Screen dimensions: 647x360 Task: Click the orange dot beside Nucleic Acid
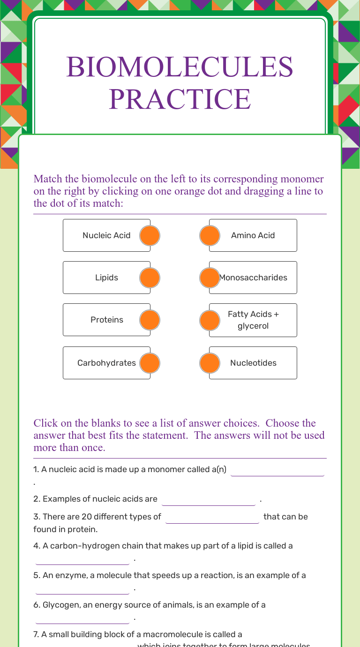point(150,235)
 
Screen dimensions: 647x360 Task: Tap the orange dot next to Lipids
point(150,278)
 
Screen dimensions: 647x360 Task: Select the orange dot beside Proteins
point(150,320)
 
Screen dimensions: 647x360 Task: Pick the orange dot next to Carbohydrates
point(150,363)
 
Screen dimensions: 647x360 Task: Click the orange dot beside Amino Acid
point(210,235)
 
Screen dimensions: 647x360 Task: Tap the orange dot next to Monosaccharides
point(210,278)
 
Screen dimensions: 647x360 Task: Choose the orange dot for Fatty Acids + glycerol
point(210,320)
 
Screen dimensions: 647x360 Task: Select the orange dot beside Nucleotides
point(210,363)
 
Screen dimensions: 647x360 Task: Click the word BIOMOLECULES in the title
point(180,67)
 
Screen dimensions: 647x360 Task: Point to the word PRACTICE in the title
point(180,99)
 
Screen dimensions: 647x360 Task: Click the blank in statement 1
point(277,470)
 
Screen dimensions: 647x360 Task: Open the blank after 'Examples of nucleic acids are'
point(209,500)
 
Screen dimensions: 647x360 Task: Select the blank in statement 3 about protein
point(212,518)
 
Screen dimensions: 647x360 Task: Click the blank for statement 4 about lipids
point(82,559)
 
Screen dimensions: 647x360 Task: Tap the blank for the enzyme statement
point(82,588)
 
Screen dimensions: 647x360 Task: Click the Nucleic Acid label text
point(106,235)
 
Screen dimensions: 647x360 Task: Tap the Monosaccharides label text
point(254,278)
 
